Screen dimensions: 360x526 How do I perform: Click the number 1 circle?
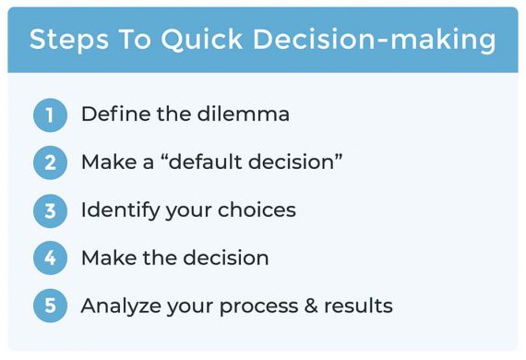pos(51,115)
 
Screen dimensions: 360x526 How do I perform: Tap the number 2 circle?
pos(51,163)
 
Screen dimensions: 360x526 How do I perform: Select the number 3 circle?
pos(51,211)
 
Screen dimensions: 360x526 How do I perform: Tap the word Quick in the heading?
pos(195,41)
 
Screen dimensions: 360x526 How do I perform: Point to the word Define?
pos(111,114)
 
